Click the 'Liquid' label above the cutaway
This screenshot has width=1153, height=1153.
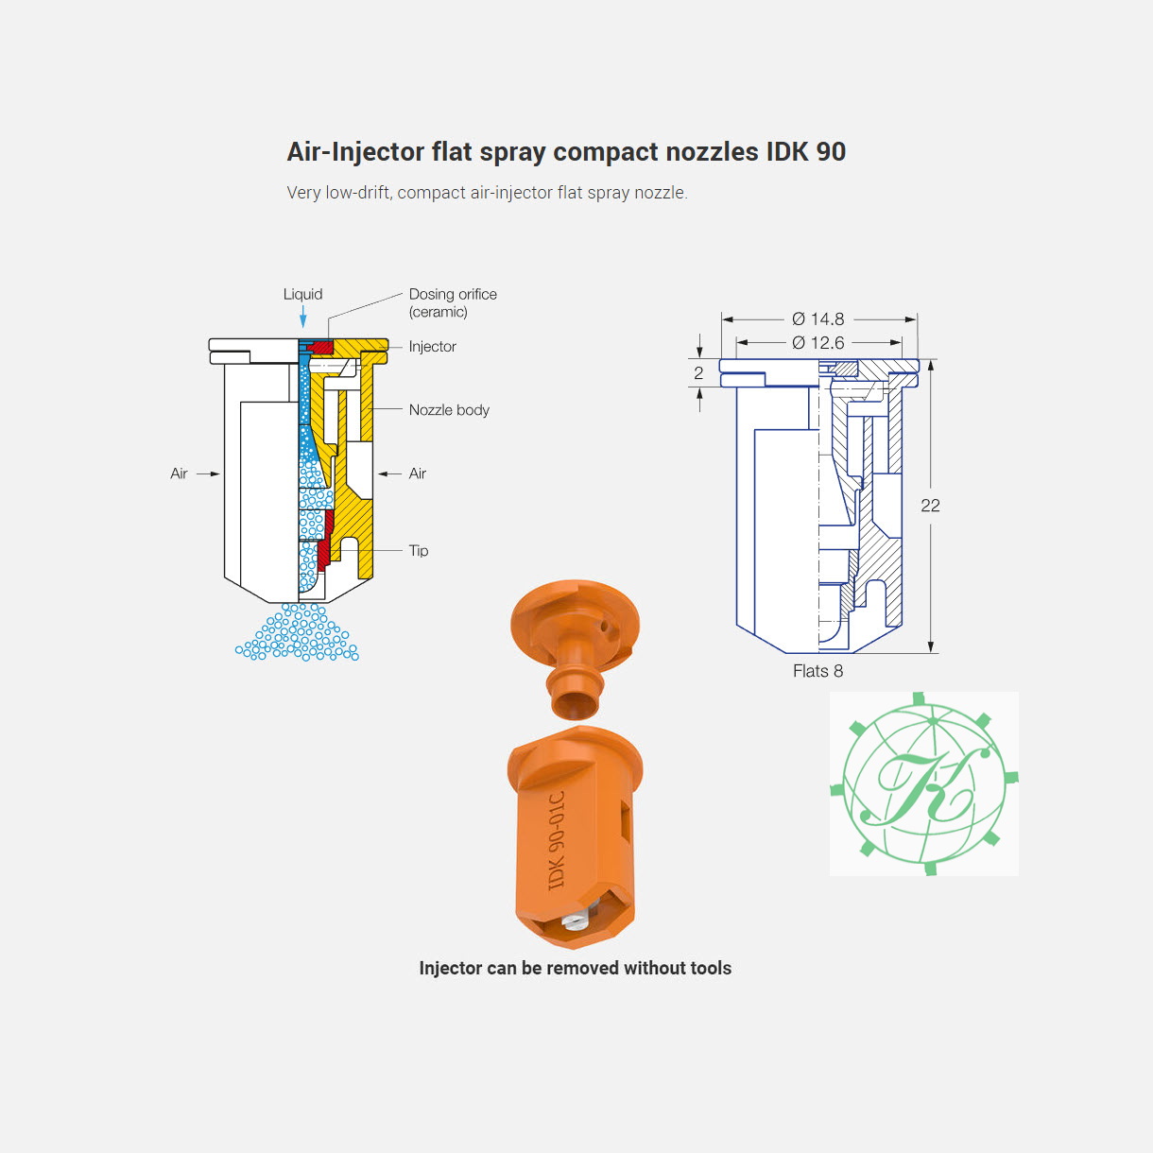pos(302,294)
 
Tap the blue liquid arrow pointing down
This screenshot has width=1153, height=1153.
pos(303,317)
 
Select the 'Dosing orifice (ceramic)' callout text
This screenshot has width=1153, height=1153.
pos(453,302)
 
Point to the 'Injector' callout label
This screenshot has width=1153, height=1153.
pos(432,347)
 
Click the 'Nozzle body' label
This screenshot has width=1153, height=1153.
pos(449,410)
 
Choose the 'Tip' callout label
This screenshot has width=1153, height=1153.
pos(419,550)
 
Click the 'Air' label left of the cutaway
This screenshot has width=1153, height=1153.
pos(179,473)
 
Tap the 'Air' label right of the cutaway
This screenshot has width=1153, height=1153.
pos(417,473)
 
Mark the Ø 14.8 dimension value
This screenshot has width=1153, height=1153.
pos(817,318)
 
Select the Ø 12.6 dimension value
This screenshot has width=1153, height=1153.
pos(817,343)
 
